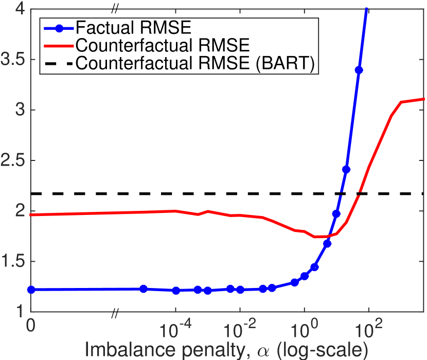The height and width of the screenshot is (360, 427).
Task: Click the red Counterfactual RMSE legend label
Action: point(163,45)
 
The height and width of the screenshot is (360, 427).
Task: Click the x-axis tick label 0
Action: point(31,327)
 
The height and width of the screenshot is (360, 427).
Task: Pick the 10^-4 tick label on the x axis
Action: point(175,326)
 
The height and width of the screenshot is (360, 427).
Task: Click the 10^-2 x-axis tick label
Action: point(240,326)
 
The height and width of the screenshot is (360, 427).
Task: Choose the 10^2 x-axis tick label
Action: point(368,326)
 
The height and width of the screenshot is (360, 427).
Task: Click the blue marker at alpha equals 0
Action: point(31,290)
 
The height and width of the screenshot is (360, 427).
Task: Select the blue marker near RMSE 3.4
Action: point(359,70)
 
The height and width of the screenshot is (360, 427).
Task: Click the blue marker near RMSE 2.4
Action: point(346,169)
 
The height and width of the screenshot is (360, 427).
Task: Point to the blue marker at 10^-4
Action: point(176,291)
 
